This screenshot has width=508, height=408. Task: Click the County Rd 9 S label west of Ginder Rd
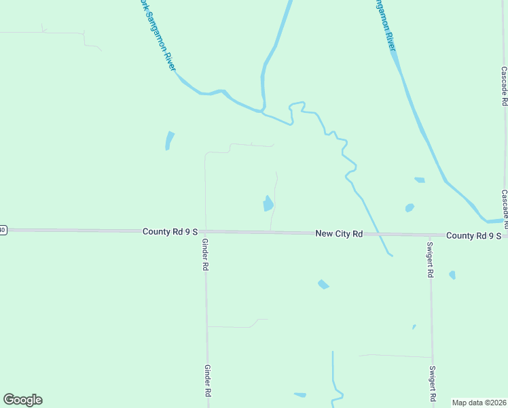point(170,232)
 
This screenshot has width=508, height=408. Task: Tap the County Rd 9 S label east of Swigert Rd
point(473,235)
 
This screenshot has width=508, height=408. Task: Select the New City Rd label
point(339,233)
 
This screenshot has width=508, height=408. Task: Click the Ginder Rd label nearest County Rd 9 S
point(204,255)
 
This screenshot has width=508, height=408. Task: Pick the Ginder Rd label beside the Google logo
point(208,380)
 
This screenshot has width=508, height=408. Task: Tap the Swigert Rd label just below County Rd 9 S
point(431,260)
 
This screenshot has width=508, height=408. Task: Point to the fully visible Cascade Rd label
point(504,86)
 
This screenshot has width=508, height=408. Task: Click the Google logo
point(22,400)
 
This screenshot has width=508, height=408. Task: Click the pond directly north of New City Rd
point(268,203)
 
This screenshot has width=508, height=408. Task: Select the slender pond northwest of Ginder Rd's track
point(169,140)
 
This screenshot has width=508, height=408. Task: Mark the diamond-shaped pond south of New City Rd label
point(323,284)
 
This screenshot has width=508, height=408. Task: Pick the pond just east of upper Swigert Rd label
point(452,275)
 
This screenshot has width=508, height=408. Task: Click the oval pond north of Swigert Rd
point(410,207)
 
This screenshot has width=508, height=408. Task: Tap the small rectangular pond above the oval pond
point(419,180)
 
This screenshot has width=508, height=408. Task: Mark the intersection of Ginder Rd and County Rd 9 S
point(206,232)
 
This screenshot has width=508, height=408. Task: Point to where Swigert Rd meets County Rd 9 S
point(430,235)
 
